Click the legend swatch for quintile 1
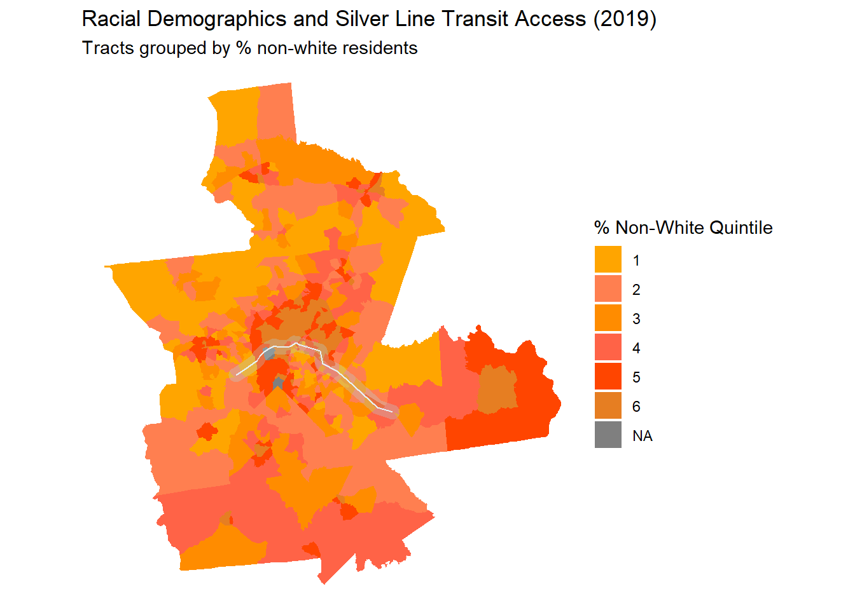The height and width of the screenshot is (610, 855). pos(608,259)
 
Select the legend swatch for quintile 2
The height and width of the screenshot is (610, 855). pos(608,289)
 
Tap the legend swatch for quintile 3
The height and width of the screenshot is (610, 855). pos(608,318)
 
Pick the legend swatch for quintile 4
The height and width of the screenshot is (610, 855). pos(608,348)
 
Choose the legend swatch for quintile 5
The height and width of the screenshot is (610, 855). pos(608,377)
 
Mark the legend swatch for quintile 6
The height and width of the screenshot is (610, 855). pos(608,406)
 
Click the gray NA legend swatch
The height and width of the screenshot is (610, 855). pos(608,435)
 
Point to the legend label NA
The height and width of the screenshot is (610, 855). pos(643,436)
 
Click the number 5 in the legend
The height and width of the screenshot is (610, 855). pos(636,377)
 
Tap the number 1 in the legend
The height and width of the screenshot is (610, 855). pos(636,261)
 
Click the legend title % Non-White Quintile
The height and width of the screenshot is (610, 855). pos(683,227)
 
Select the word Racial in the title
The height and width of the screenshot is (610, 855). pos(111,19)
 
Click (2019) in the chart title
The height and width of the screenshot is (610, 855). pos(624,19)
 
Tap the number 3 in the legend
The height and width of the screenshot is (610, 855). pos(636,319)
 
